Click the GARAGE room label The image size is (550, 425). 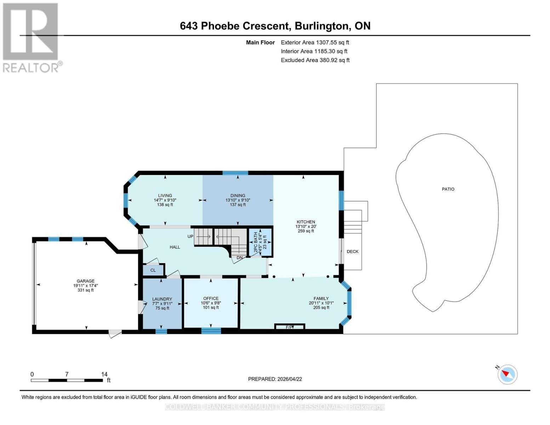pyautogui.click(x=85, y=281)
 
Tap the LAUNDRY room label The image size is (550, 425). pyautogui.click(x=162, y=299)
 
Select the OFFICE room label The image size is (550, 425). pyautogui.click(x=211, y=298)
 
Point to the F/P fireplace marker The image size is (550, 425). pyautogui.click(x=290, y=327)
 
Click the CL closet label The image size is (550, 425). pyautogui.click(x=153, y=270)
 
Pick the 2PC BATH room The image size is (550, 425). pyautogui.click(x=260, y=242)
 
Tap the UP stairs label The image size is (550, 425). pyautogui.click(x=191, y=236)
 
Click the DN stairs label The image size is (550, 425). pyautogui.click(x=240, y=257)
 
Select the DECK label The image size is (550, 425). pyautogui.click(x=352, y=251)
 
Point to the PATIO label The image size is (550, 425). pyautogui.click(x=448, y=189)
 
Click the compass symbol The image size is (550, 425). pyautogui.click(x=507, y=374)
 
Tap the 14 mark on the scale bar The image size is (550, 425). pyautogui.click(x=104, y=374)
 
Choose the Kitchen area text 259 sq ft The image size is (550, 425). pyautogui.click(x=306, y=231)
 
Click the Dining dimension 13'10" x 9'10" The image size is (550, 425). pyautogui.click(x=238, y=200)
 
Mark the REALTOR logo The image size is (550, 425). pyautogui.click(x=31, y=37)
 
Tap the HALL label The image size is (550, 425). pyautogui.click(x=175, y=247)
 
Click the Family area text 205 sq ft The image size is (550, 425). pyautogui.click(x=321, y=307)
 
